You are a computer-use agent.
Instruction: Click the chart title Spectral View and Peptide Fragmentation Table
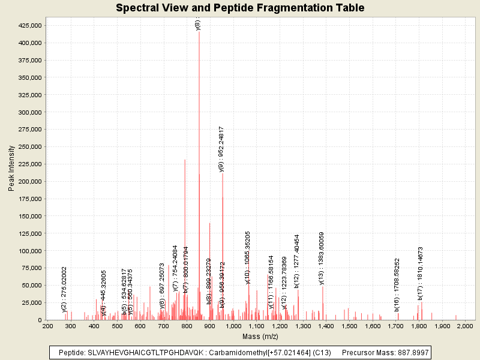(240, 8)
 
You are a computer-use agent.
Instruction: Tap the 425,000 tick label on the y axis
(29, 26)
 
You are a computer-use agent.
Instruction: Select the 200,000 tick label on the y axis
(29, 182)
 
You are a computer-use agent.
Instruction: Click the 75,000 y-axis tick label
(31, 268)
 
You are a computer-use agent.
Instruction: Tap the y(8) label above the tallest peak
(198, 25)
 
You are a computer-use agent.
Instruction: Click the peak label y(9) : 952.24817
(221, 149)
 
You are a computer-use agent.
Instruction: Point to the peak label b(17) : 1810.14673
(421, 273)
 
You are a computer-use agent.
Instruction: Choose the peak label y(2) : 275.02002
(64, 289)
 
